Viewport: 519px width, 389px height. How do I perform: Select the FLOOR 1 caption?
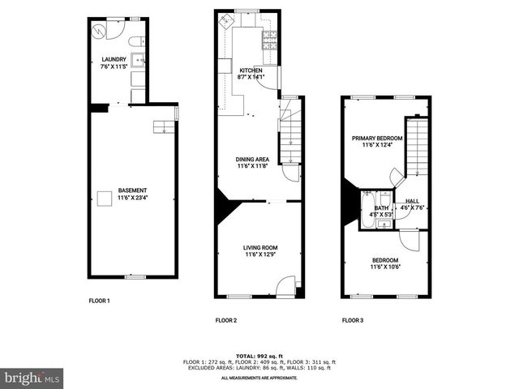99,301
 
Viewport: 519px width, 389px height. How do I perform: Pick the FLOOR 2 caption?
225,320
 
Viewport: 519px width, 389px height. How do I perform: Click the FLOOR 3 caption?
352,320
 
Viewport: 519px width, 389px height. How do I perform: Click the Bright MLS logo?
32,378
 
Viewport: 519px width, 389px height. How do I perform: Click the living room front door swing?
285,285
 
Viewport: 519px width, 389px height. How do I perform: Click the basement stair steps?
164,126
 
